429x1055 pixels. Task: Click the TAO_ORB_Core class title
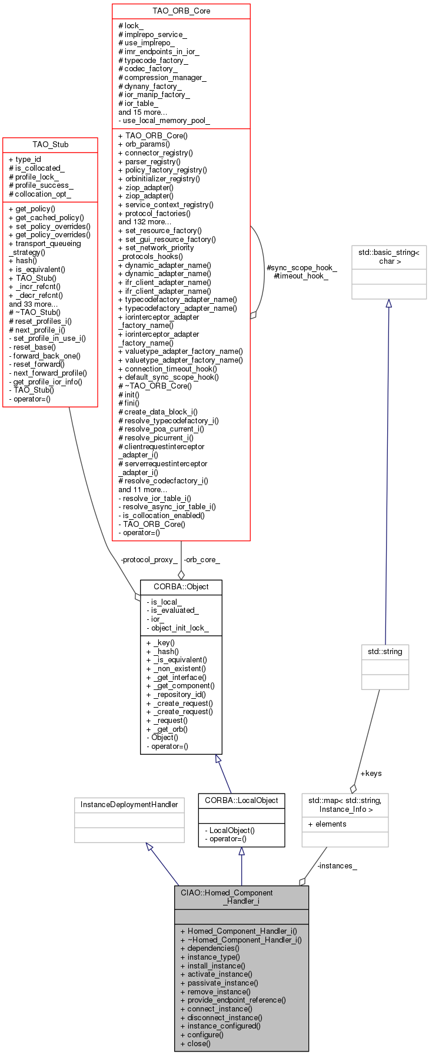pos(181,11)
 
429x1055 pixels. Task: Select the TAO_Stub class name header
pos(50,144)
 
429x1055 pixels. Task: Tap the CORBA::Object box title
pos(181,587)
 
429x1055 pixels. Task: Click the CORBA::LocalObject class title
pos(241,800)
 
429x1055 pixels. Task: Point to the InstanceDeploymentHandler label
pos(129,804)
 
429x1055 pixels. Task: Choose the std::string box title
pos(385,652)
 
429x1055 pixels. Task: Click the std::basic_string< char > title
pos(389,257)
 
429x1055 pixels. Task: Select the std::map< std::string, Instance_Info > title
pos(345,804)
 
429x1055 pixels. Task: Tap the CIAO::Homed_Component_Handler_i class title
pos(241,897)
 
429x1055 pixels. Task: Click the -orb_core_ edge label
pos(202,559)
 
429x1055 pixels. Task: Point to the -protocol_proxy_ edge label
pos(149,559)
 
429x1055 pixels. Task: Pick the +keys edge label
pos(371,773)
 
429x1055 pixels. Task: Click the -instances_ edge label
pos(337,865)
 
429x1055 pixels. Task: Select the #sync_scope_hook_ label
pos(302,267)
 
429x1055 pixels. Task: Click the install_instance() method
pos(216,966)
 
